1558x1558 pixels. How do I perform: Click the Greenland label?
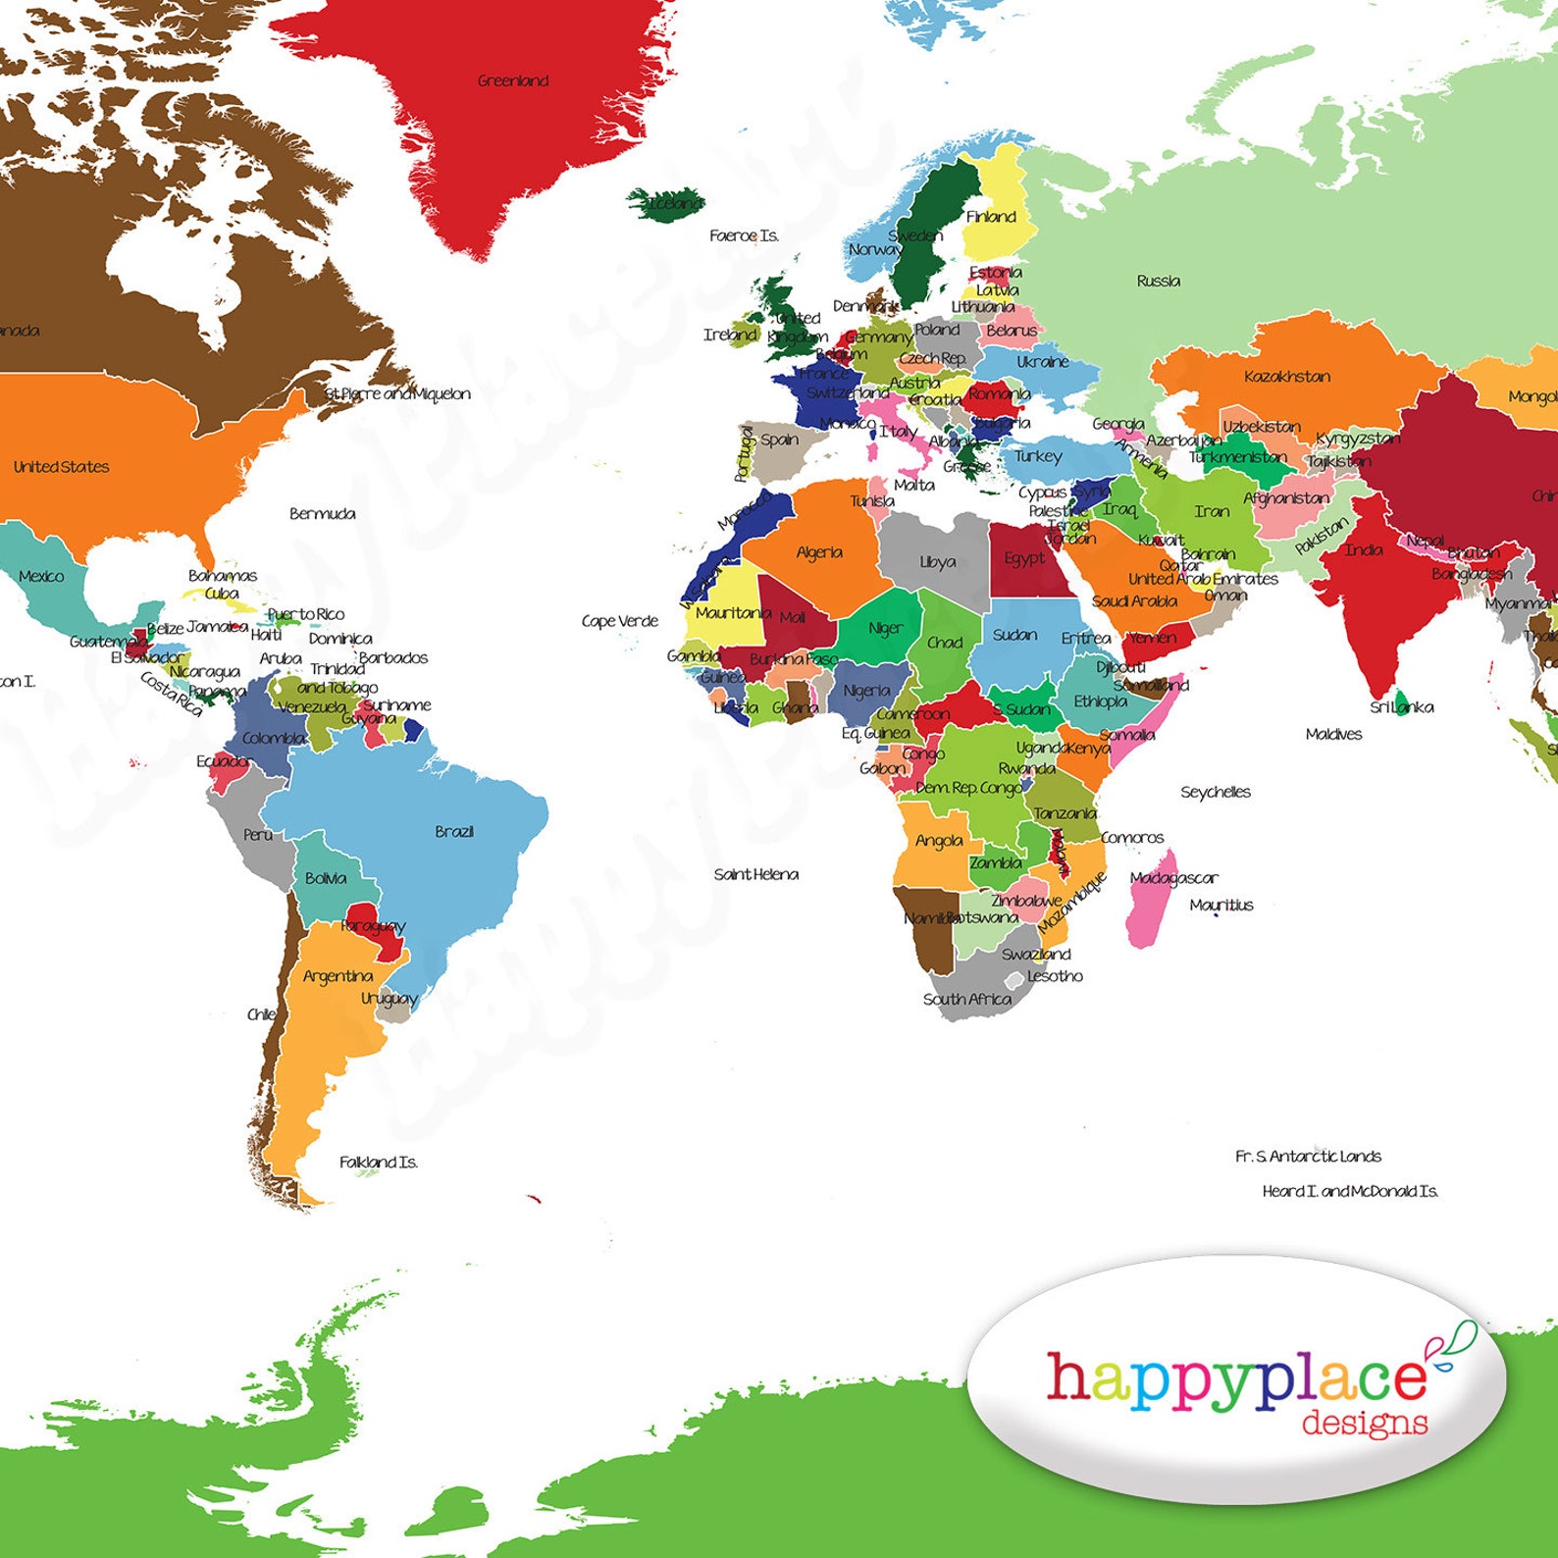coord(512,80)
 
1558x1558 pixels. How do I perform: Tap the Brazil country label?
coord(454,831)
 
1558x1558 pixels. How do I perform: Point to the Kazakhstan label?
coord(1287,377)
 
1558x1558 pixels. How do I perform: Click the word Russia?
coord(1158,281)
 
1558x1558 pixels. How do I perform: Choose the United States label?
coord(61,467)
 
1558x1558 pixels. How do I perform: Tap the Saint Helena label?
coord(755,874)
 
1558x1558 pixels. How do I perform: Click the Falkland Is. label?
coord(379,1162)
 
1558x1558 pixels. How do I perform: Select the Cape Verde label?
coord(619,621)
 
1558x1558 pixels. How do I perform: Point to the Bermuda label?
coord(322,513)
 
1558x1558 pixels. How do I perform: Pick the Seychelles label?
coord(1215,792)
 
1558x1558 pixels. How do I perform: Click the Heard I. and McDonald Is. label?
coord(1349,1191)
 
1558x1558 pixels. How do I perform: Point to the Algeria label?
coord(819,552)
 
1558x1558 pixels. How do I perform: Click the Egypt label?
coord(1023,558)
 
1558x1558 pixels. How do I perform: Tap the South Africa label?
coord(966,999)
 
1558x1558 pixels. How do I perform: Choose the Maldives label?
coord(1333,734)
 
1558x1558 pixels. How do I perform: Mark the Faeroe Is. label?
coord(744,235)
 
